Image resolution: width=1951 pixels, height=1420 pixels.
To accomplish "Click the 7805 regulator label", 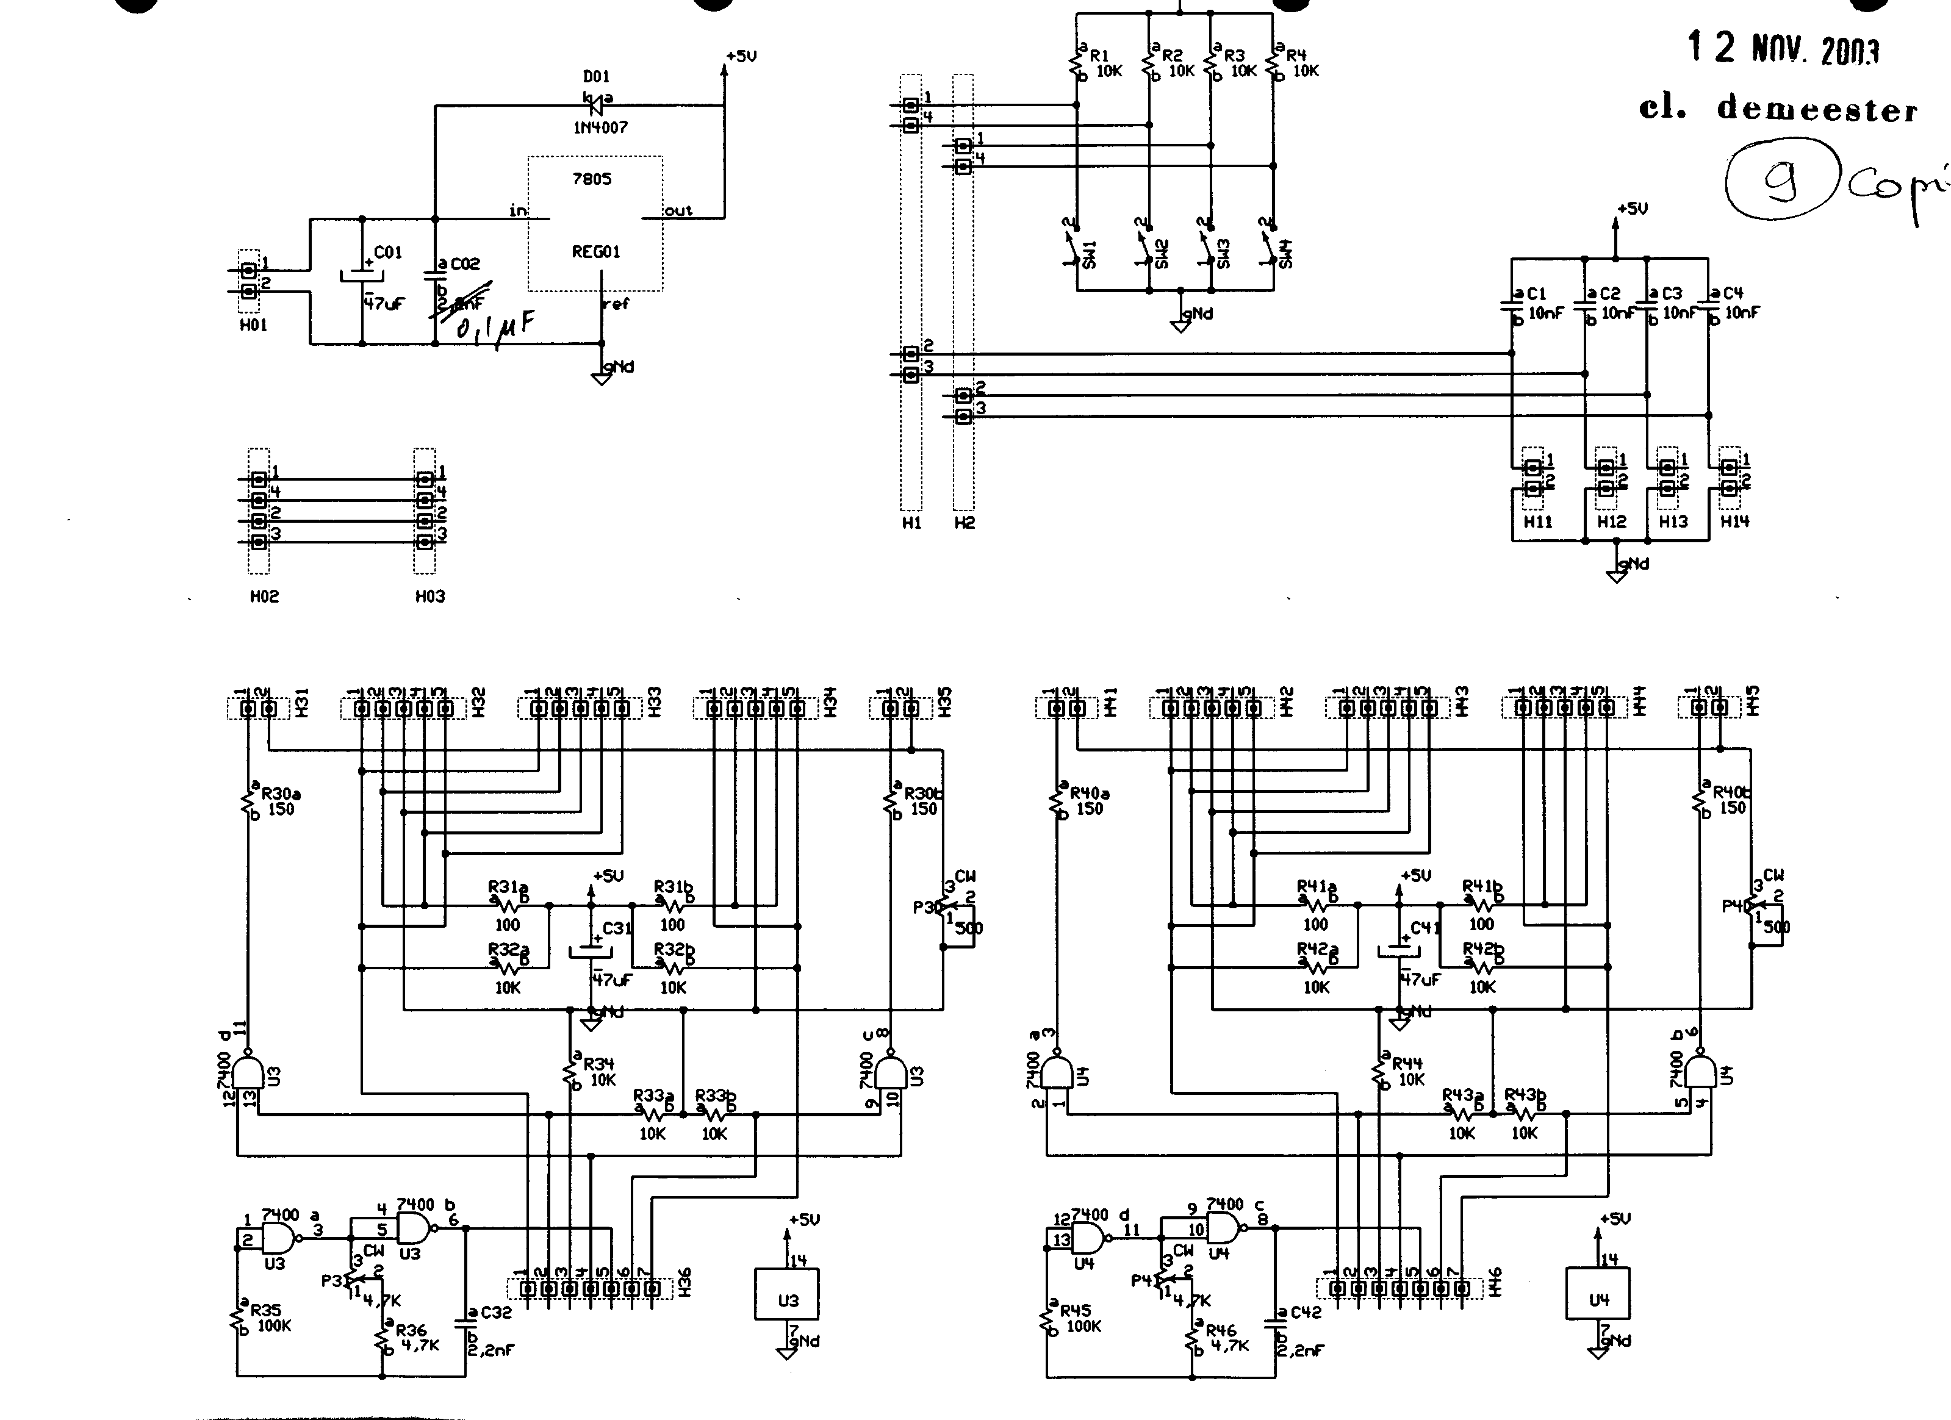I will point(591,179).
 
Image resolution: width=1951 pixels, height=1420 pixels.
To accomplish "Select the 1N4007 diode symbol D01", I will point(598,100).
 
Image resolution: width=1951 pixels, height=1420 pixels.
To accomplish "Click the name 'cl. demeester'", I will point(1777,109).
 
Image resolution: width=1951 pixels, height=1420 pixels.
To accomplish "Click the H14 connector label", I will point(1734,521).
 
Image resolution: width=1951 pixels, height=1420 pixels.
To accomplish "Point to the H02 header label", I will point(264,596).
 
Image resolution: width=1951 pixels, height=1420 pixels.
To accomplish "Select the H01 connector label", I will point(253,325).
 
